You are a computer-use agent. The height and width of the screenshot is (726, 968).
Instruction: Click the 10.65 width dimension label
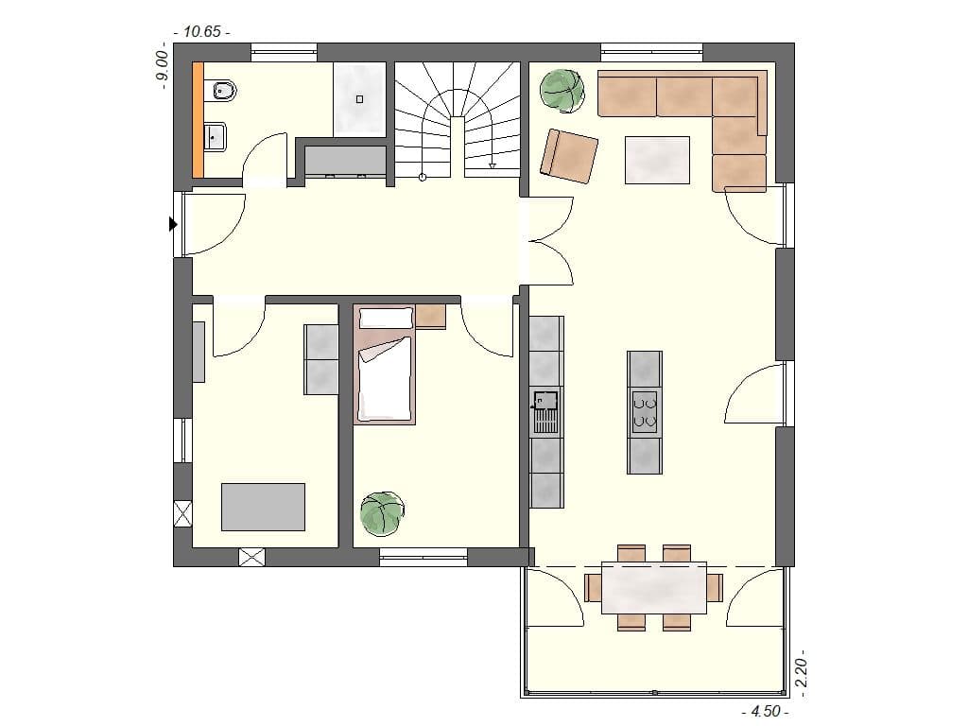(x=200, y=31)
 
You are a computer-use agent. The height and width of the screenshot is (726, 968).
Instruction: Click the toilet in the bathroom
(x=224, y=92)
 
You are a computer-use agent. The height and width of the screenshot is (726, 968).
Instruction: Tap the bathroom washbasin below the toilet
(x=216, y=138)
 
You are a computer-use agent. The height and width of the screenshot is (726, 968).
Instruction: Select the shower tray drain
(x=359, y=98)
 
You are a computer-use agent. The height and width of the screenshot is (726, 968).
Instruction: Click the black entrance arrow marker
(x=173, y=224)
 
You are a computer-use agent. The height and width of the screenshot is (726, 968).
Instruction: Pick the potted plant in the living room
(x=562, y=90)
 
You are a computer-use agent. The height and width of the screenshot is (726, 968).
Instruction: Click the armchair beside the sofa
(x=569, y=153)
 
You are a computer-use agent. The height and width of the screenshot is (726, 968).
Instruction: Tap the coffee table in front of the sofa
(x=657, y=159)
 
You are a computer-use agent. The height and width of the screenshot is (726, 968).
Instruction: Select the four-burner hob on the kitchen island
(x=645, y=412)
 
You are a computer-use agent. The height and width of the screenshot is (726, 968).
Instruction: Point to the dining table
(x=654, y=589)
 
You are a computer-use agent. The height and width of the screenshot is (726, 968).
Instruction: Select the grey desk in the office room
(x=263, y=507)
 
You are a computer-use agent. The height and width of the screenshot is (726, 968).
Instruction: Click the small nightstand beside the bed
(x=430, y=316)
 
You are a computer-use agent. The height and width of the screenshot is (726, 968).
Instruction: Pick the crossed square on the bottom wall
(x=251, y=557)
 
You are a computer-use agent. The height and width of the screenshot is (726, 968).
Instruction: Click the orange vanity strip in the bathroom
(x=199, y=120)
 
